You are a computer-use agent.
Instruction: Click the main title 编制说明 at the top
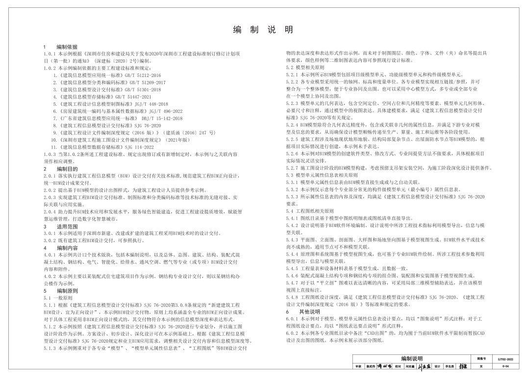(x=263, y=30)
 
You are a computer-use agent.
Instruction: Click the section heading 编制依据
(x=67, y=47)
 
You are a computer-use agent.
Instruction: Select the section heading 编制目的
(x=67, y=169)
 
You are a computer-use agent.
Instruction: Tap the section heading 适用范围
(x=67, y=227)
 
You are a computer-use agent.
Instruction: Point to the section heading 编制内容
(x=67, y=248)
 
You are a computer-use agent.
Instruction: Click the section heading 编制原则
(x=67, y=290)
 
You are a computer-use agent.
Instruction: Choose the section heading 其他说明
(x=309, y=312)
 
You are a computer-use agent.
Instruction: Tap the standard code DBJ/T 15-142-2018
(x=161, y=118)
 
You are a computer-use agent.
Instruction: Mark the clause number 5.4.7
(x=292, y=283)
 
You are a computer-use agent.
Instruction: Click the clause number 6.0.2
(x=292, y=333)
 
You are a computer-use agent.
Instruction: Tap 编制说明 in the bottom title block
(x=411, y=359)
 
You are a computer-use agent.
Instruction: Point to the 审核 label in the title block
(x=358, y=366)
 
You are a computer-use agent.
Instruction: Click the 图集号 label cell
(x=481, y=359)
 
